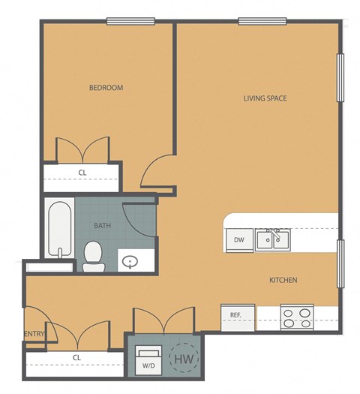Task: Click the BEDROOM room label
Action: tap(106, 88)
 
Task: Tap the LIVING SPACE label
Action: tap(265, 98)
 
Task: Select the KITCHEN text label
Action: tap(283, 280)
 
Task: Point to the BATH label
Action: tap(103, 225)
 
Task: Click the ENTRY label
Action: tap(34, 334)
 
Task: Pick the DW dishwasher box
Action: tap(238, 240)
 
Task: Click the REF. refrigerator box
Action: tap(235, 316)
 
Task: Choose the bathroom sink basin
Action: tap(130, 262)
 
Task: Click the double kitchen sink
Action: tap(272, 239)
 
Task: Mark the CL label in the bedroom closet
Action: tap(82, 172)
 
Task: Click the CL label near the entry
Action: tap(77, 357)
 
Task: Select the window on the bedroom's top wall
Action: tap(130, 21)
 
